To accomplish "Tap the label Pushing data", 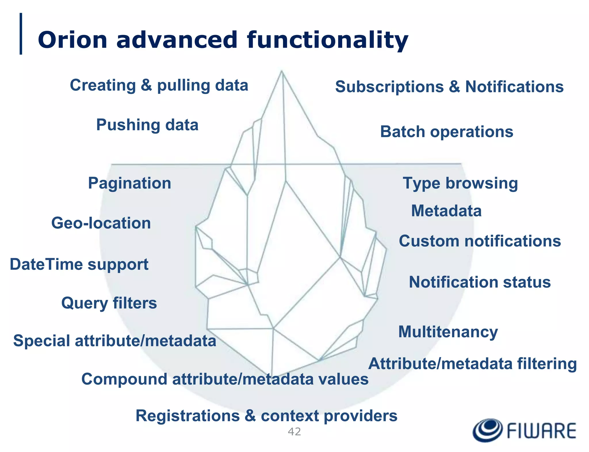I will click(147, 125).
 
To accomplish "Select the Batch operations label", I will click(446, 132).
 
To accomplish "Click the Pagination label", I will click(129, 183).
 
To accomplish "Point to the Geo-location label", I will click(101, 223).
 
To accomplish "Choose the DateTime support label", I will click(79, 264).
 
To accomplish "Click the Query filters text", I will click(109, 303).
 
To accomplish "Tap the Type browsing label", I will click(460, 183).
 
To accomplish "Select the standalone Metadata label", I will click(446, 211).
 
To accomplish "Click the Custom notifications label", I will click(480, 241).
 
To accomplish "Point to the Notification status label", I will click(480, 282).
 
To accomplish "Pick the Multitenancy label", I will click(448, 332).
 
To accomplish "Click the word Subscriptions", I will click(389, 86).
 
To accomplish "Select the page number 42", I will click(294, 432).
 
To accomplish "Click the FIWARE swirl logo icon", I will click(487, 430).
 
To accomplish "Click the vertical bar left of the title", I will click(21, 34).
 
